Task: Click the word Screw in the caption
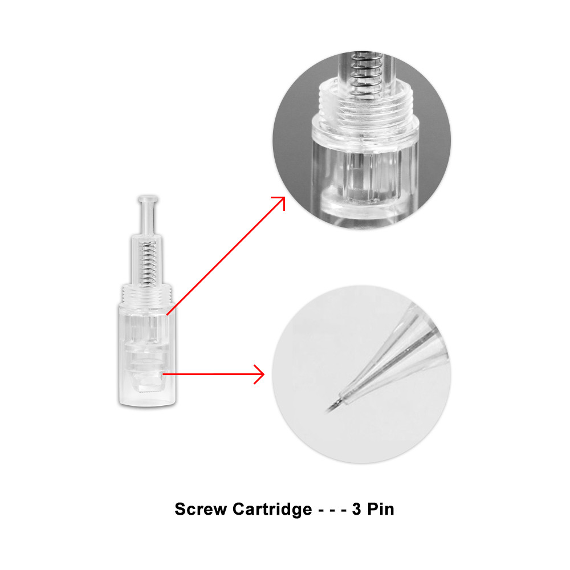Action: tap(200, 509)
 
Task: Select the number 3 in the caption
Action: tap(357, 509)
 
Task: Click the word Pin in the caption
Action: tap(381, 509)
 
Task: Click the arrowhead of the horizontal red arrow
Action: tap(259, 374)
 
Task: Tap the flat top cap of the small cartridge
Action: tap(148, 199)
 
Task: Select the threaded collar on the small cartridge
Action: tap(147, 295)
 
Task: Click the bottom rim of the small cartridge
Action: tap(147, 403)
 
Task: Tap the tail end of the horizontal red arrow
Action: tap(163, 374)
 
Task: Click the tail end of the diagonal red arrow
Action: tap(167, 314)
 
